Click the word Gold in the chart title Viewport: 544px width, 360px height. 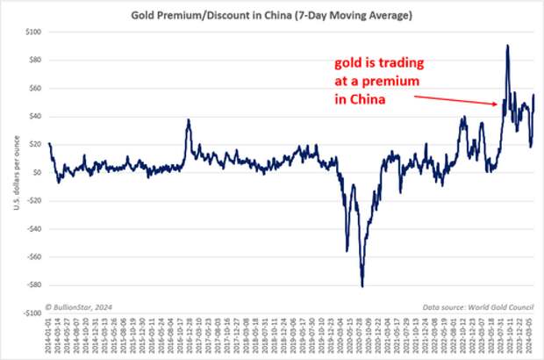[145, 15]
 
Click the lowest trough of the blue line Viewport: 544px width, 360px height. [362, 285]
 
